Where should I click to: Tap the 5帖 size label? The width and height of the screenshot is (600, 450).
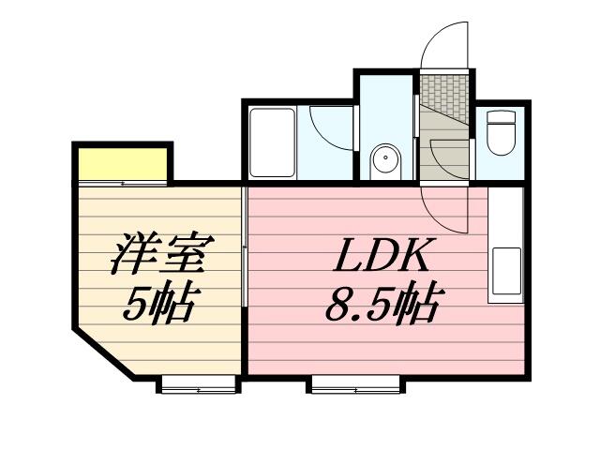159,302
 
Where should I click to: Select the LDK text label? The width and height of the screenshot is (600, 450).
381,254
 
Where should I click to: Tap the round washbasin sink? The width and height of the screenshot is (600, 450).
384,160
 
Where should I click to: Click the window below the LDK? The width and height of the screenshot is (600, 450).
355,382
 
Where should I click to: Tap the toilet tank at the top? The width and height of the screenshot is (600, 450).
503,118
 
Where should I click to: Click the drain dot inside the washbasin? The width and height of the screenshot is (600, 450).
384,159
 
